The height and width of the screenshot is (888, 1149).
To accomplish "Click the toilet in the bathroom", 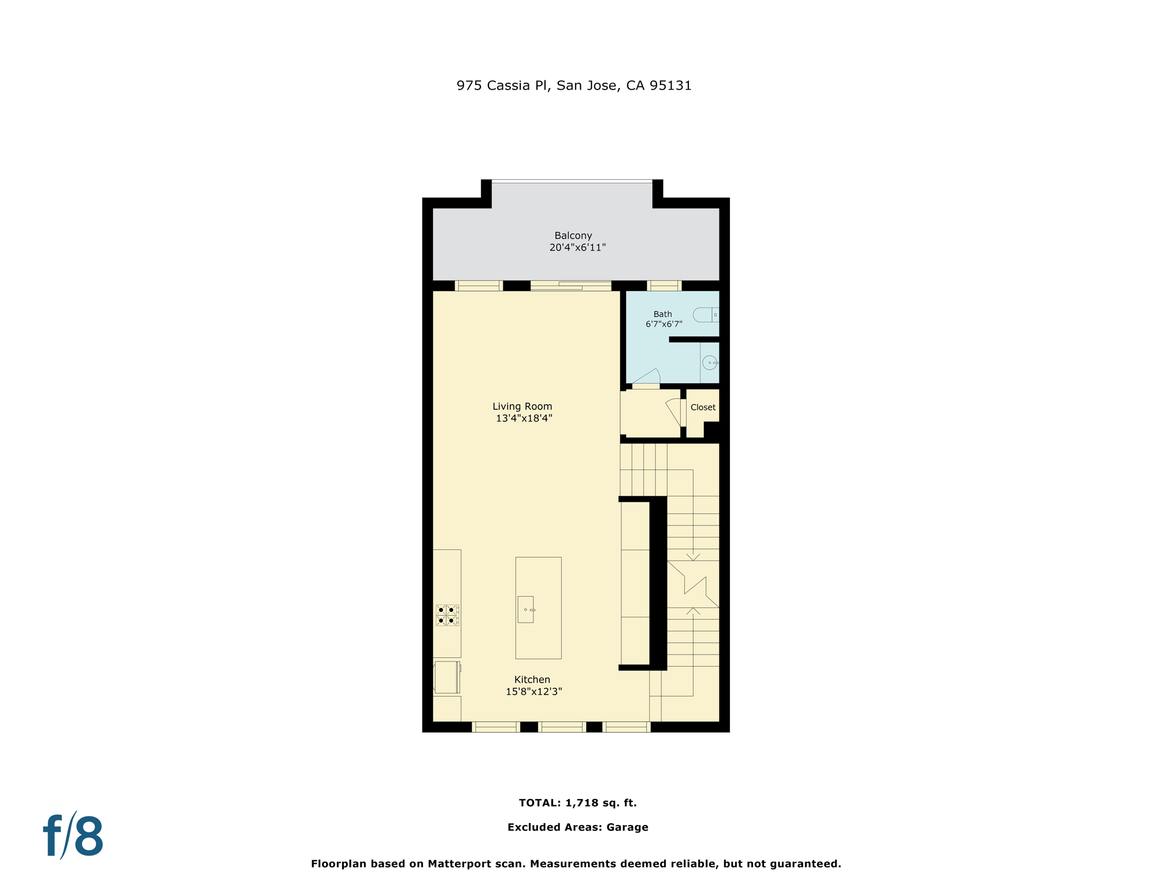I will click(x=706, y=314).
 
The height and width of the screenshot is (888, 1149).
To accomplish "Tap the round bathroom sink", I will click(x=710, y=362).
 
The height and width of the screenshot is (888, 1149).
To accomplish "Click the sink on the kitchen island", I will click(x=525, y=609).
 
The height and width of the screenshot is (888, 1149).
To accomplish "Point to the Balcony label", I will click(x=573, y=235).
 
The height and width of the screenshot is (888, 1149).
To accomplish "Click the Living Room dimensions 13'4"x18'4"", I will click(x=524, y=419).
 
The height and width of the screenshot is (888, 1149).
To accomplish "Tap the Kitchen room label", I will click(x=532, y=679).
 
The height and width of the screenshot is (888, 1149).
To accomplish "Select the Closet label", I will click(x=703, y=407).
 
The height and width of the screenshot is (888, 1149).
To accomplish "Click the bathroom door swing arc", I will click(x=648, y=376).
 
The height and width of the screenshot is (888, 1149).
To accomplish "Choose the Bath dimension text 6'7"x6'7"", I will click(x=664, y=324).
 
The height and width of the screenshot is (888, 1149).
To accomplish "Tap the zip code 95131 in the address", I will click(x=670, y=86).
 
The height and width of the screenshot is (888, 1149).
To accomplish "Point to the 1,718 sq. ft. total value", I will click(x=601, y=802).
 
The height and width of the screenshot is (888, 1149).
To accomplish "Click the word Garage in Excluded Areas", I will click(x=627, y=827).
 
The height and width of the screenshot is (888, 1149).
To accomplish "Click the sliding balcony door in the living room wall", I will click(x=570, y=286).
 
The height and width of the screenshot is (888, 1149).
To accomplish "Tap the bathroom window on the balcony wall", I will click(x=664, y=286).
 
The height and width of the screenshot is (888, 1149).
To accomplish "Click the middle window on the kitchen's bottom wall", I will click(x=562, y=727).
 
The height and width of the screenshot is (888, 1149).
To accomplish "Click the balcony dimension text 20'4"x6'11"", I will click(x=577, y=247).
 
